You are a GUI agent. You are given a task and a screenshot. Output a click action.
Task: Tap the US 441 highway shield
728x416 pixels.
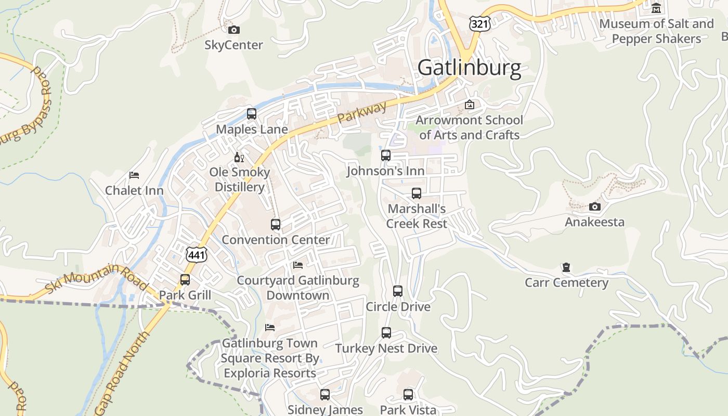click(196, 254)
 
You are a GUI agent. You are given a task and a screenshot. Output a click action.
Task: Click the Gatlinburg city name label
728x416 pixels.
click(469, 68)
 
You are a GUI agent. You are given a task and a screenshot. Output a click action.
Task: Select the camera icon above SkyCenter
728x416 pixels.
click(234, 30)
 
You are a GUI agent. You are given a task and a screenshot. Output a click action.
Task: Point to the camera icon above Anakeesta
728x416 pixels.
click(595, 206)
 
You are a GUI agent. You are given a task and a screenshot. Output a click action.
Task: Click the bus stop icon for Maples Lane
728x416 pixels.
click(252, 113)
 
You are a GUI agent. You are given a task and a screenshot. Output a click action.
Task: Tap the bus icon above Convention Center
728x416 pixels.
click(276, 225)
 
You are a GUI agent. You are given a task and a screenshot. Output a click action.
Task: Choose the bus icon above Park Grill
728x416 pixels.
click(185, 280)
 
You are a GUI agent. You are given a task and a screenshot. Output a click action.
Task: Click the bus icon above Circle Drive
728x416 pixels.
click(398, 291)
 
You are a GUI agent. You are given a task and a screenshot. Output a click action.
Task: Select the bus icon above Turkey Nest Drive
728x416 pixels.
click(386, 333)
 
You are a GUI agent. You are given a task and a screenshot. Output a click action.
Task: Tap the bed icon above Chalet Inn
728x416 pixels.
click(134, 175)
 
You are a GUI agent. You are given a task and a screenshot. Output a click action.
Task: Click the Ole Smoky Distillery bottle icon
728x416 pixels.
click(239, 157)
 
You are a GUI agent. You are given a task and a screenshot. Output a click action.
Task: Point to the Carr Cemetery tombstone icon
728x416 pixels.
click(566, 267)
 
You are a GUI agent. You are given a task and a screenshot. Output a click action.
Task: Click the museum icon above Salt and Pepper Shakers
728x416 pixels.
click(656, 8)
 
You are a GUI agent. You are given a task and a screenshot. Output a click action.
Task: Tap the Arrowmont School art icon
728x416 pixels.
click(470, 105)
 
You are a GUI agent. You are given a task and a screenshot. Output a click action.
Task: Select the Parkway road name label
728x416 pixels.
click(362, 112)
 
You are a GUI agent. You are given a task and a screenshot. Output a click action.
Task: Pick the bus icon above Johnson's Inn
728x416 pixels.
click(386, 155)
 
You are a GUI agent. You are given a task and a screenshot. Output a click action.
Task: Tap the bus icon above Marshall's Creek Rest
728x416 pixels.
click(417, 193)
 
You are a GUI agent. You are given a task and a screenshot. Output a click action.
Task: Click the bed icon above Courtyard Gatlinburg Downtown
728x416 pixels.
click(298, 265)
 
